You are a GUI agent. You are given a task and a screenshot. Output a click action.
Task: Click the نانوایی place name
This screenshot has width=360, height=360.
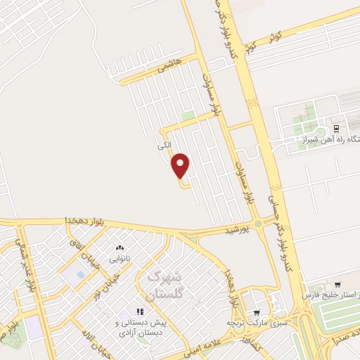point(119,258)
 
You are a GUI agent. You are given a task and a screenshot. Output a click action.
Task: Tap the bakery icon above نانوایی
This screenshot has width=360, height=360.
point(119,248)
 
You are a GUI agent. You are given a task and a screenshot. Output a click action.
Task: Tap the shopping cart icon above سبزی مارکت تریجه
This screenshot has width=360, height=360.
point(257,312)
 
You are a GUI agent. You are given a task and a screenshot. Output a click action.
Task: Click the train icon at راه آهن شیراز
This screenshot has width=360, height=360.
point(337,129)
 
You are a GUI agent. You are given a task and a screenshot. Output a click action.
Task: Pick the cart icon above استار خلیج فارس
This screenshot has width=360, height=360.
point(338,285)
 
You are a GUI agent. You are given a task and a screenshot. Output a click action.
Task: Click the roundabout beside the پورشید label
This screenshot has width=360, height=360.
point(258,224)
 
